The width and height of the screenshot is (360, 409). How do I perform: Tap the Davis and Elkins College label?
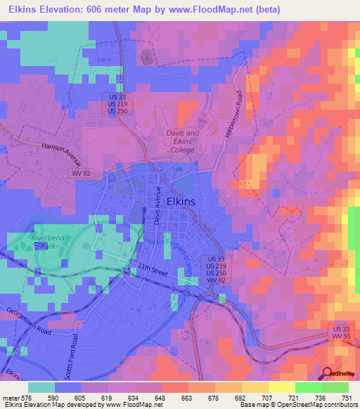(x=182, y=141)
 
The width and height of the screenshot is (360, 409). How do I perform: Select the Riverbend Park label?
(x=47, y=243)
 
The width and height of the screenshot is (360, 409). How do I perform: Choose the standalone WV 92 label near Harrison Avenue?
(x=80, y=172)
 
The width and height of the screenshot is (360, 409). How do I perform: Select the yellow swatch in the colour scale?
(x=281, y=387)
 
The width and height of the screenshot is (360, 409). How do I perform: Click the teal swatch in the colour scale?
(x=41, y=387)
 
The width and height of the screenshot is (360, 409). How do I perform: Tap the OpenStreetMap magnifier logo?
(x=328, y=375)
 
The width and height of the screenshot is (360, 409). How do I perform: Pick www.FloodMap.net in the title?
(x=225, y=8)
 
